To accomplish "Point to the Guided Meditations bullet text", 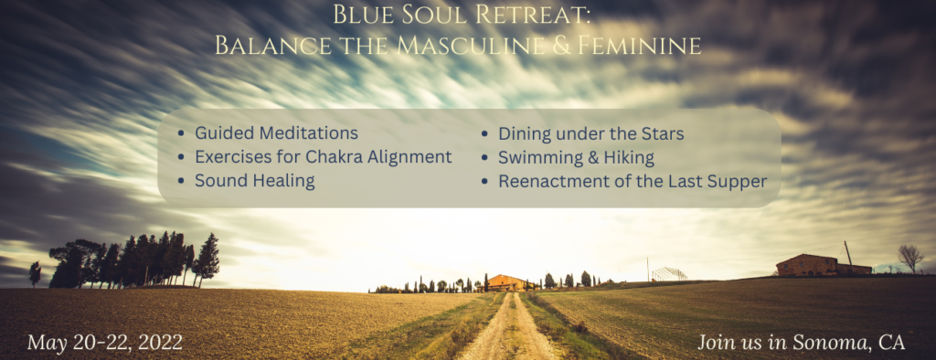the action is click(276, 133).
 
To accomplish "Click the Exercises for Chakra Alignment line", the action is click(323, 157).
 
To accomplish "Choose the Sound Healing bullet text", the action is click(255, 181).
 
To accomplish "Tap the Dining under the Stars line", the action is click(591, 133).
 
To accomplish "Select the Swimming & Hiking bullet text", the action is click(576, 157).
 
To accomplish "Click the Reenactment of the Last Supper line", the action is click(633, 182).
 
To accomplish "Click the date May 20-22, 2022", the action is click(104, 343).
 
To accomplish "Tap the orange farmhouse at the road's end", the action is click(505, 282).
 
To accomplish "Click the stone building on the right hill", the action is click(823, 265).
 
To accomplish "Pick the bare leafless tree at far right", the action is click(910, 258).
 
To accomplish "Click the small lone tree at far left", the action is click(36, 273).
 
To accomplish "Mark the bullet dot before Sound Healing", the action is click(182, 182).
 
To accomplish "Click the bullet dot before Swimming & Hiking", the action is click(485, 157).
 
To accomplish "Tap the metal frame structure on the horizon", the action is click(668, 273).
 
